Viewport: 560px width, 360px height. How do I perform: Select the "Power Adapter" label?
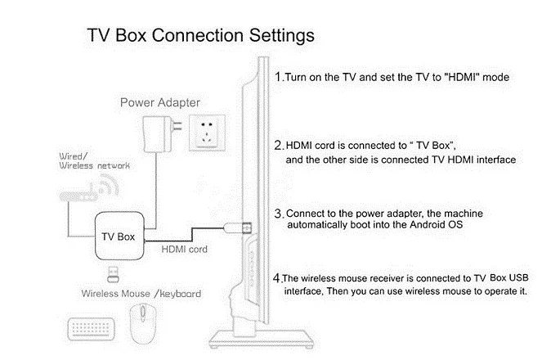pos(160,103)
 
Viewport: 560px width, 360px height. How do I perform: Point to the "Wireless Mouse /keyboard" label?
pos(141,293)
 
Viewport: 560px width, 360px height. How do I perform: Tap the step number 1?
pos(279,78)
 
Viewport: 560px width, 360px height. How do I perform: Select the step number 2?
pos(279,145)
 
